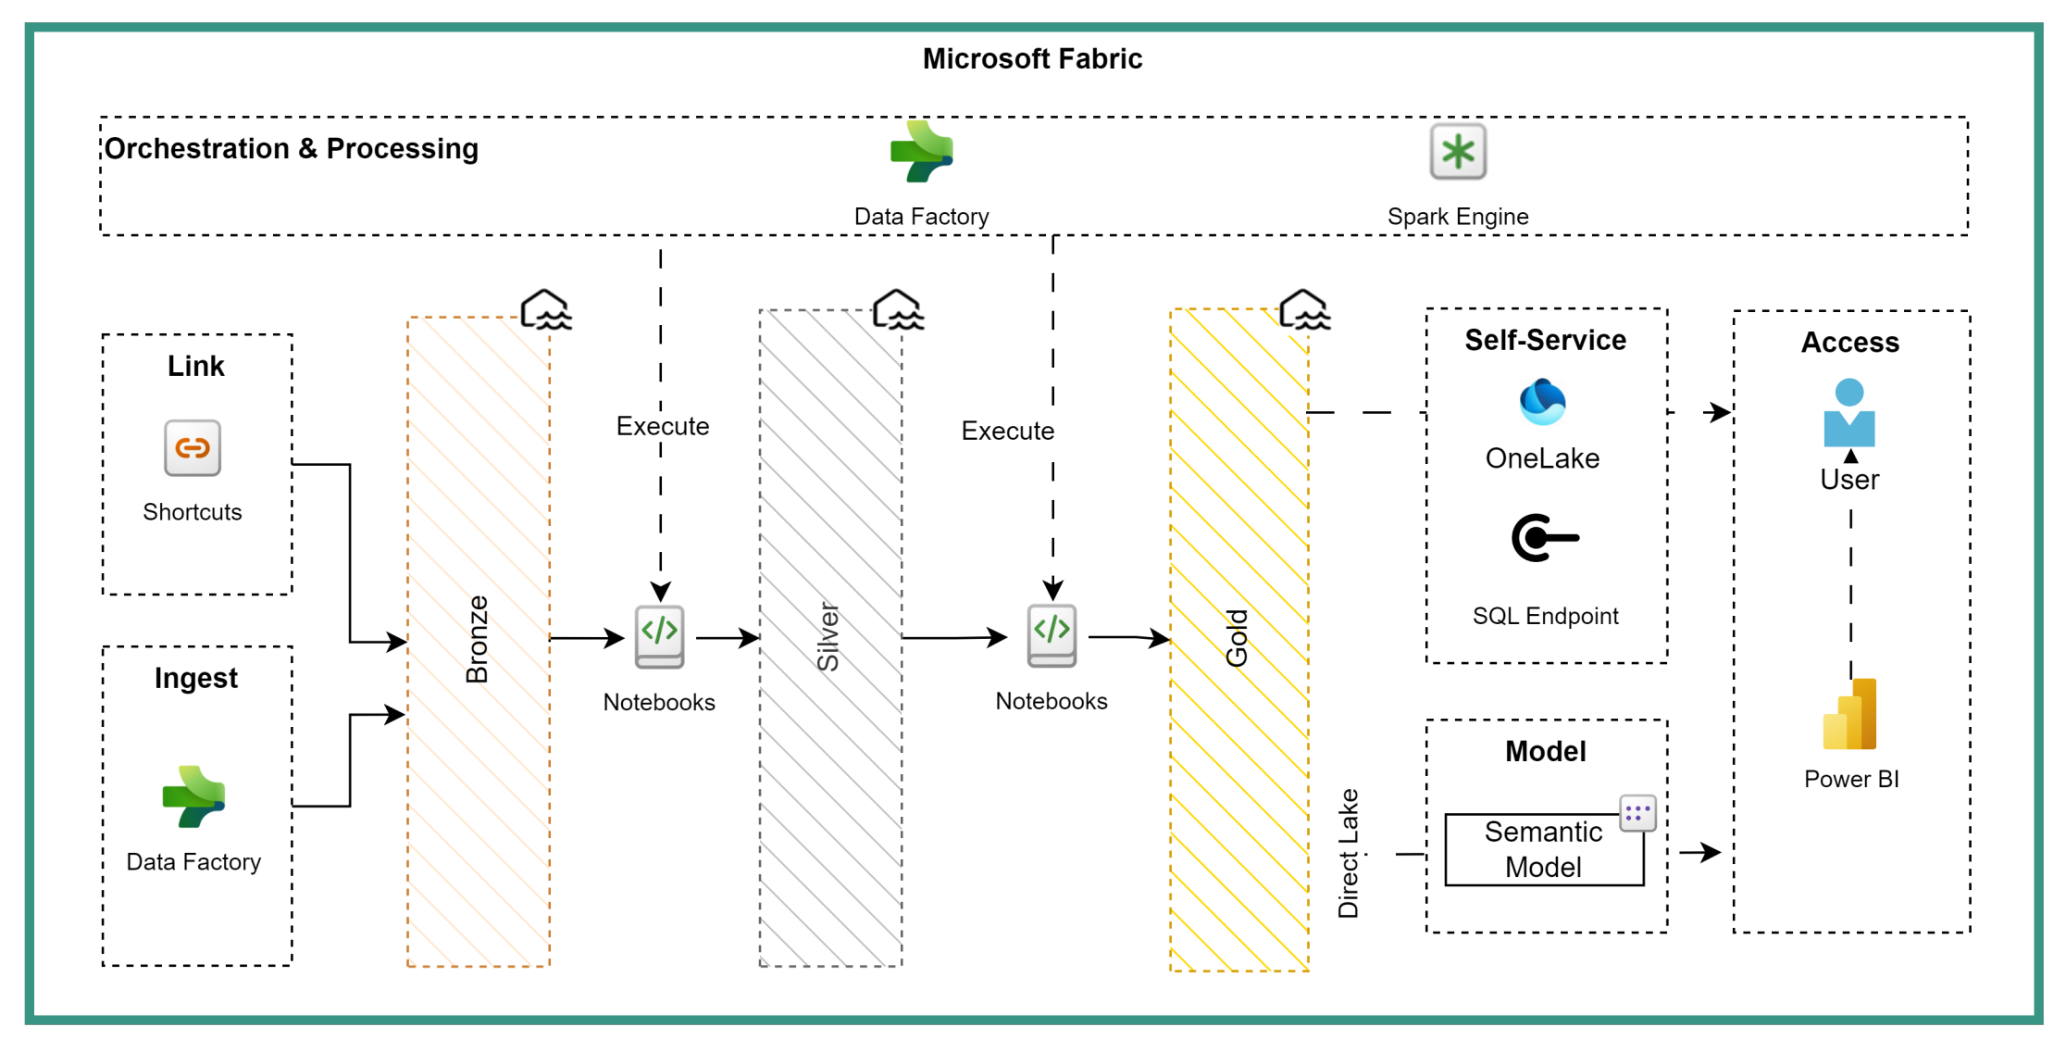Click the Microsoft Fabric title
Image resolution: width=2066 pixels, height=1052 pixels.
[x=1032, y=59]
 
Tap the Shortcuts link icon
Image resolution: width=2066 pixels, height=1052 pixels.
[x=193, y=448]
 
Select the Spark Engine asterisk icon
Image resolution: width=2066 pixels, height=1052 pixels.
[x=1458, y=152]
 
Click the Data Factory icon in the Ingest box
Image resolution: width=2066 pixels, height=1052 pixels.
[x=193, y=796]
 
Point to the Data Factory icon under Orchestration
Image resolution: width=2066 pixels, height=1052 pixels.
[x=921, y=152]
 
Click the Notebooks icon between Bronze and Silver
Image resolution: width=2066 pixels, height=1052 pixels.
[x=659, y=636]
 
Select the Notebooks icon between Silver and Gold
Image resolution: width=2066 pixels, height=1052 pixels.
[x=1052, y=635]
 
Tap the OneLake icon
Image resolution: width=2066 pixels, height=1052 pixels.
[x=1542, y=402]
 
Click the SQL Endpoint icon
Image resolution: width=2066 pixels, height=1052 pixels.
[x=1544, y=538]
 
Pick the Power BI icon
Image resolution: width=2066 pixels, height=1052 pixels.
[x=1850, y=714]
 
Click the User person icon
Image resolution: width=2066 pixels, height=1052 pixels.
[x=1849, y=413]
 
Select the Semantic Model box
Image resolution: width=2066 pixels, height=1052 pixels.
[x=1544, y=849]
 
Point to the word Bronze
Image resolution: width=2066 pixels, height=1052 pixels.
[x=477, y=639]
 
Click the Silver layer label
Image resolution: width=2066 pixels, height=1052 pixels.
[x=828, y=637]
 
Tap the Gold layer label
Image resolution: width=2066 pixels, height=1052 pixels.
[x=1238, y=638]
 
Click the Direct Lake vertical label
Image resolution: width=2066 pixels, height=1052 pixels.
[x=1349, y=853]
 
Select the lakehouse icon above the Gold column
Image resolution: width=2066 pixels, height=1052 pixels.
[x=1304, y=309]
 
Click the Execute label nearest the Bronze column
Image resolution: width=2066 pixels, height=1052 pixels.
[x=663, y=426]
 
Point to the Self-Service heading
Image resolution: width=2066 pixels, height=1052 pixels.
[x=1545, y=340]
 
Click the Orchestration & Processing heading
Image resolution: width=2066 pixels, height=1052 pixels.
[x=292, y=148]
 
